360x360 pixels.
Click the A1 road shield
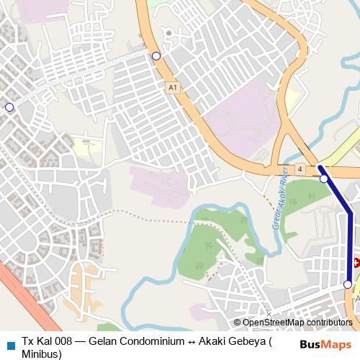click(x=171, y=87)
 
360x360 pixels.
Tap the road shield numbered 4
click(x=300, y=169)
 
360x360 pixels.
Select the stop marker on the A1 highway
click(x=156, y=55)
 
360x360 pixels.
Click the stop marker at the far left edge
click(x=9, y=107)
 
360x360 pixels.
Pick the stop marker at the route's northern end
click(x=324, y=179)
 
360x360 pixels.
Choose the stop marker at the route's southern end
click(x=348, y=285)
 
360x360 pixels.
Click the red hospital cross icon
click(x=356, y=264)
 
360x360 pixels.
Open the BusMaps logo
click(x=325, y=345)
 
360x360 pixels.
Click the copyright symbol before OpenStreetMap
click(x=237, y=323)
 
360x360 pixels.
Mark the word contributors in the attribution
click(x=328, y=323)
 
